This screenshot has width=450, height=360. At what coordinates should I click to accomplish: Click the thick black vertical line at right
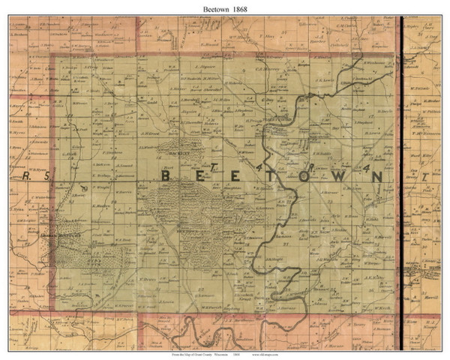click(401, 150)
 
